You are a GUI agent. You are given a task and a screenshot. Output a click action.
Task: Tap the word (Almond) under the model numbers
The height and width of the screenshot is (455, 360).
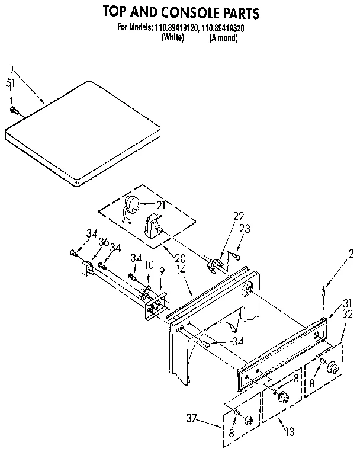coord(223,37)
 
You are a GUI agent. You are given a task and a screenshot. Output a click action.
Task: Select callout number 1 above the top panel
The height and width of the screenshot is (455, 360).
coord(11,70)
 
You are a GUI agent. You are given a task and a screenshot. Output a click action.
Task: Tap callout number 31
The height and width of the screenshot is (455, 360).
coord(346,304)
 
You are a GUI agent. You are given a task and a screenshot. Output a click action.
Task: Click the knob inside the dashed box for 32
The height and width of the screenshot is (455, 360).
coord(334,369)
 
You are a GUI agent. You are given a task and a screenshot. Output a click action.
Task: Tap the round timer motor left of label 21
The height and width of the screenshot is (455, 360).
coord(133,204)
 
